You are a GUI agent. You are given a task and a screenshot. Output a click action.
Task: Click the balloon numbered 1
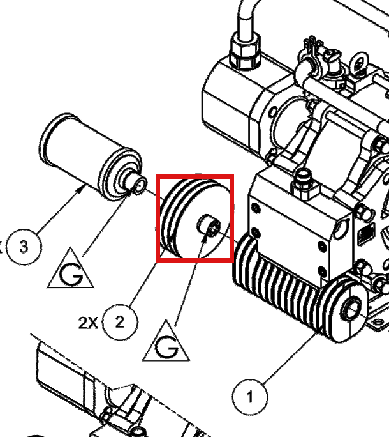point(250,396)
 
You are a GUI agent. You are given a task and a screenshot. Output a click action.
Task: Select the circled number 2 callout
point(120,322)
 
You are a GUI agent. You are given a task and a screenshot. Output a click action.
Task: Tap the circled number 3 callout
point(24,247)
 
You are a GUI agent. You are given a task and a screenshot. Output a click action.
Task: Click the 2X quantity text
point(88,323)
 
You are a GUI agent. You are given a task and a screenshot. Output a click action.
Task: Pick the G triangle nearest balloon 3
point(70,271)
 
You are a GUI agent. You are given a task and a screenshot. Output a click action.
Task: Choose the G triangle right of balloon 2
point(166,343)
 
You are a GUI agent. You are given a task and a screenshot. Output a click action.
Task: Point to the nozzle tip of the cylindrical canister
point(140,185)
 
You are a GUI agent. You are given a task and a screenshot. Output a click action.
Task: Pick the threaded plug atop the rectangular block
point(304,185)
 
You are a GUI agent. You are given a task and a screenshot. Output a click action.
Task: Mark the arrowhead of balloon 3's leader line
point(81,190)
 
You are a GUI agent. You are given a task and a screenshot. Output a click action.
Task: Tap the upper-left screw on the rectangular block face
point(256,208)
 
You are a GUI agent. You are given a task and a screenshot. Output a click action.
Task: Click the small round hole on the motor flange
point(273,112)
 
